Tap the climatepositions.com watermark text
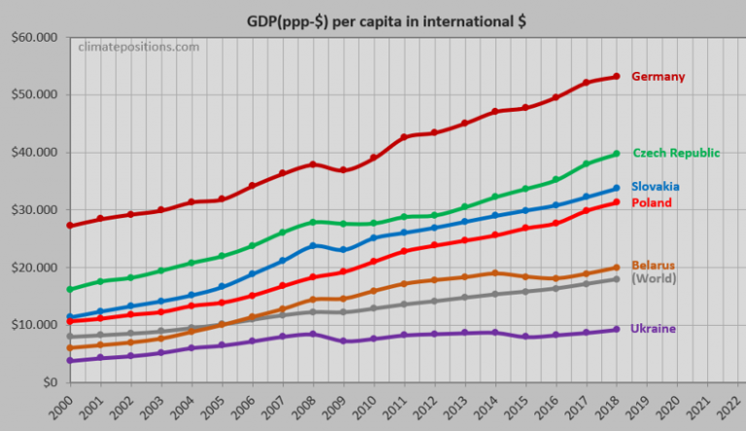click(138, 46)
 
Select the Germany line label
click(658, 77)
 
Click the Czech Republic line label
click(676, 153)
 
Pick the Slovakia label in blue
click(656, 187)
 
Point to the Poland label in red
click(652, 203)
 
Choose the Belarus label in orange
click(654, 266)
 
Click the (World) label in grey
click(654, 279)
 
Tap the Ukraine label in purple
click(654, 329)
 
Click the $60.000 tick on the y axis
click(32, 37)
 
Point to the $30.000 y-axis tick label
click(32, 209)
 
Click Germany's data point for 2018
click(616, 77)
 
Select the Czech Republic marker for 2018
click(616, 154)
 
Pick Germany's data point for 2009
click(342, 170)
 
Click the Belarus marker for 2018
click(616, 268)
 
